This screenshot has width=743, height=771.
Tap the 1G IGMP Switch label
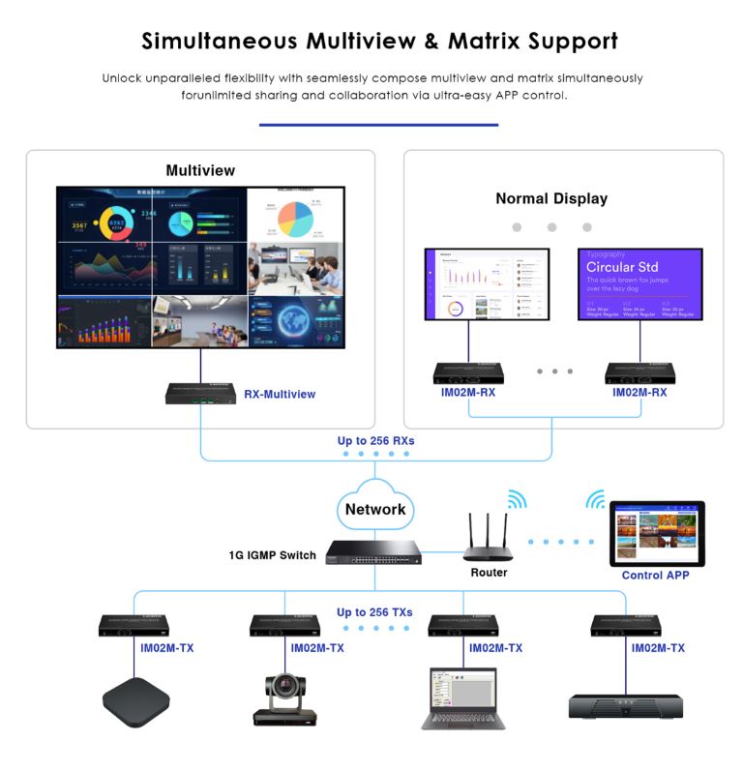pos(272,555)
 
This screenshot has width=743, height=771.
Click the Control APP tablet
pos(657,533)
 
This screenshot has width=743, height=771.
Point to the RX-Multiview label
pos(280,394)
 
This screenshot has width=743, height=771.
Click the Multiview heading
pos(200,170)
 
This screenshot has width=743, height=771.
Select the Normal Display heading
pos(551,198)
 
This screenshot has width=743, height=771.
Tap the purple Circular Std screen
pos(640,284)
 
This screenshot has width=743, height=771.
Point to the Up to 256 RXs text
pos(375,440)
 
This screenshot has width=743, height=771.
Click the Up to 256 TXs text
pos(375,611)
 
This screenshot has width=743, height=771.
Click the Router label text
pos(490,573)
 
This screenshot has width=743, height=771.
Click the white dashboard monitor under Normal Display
pos(487,284)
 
